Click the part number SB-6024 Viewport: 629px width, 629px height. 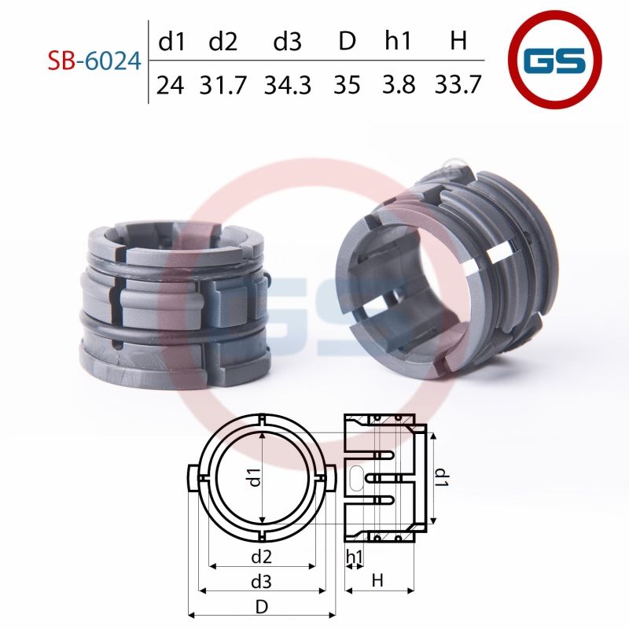tap(94, 61)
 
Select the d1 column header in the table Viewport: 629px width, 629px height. tap(171, 41)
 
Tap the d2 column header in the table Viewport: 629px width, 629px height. tap(223, 41)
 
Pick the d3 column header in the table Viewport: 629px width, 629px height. tap(287, 41)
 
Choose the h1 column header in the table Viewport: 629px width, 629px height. tap(398, 41)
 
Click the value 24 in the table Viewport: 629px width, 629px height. tap(170, 85)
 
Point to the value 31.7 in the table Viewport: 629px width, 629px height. tap(223, 85)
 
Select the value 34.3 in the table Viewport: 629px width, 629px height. tap(288, 85)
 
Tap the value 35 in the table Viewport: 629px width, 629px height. tap(347, 85)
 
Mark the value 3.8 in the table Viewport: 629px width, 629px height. tap(399, 84)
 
